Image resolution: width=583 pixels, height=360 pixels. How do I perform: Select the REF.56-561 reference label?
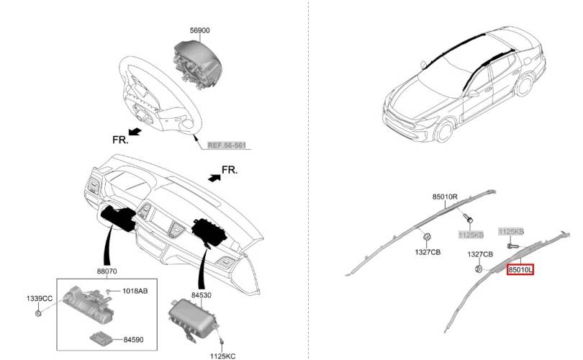[226, 145]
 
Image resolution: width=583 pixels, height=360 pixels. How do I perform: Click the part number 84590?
[136, 339]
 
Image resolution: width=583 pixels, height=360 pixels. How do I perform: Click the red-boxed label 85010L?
[520, 269]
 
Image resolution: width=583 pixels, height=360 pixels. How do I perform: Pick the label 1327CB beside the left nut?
[428, 252]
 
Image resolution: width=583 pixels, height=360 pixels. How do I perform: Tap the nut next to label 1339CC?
[37, 313]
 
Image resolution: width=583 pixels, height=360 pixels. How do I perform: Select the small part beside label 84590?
[105, 337]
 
